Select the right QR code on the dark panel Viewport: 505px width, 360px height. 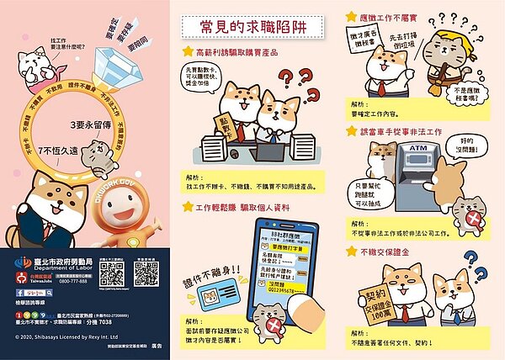(x=146, y=273)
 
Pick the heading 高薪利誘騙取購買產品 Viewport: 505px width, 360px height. (x=241, y=52)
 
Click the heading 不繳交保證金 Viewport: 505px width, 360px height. (x=391, y=251)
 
